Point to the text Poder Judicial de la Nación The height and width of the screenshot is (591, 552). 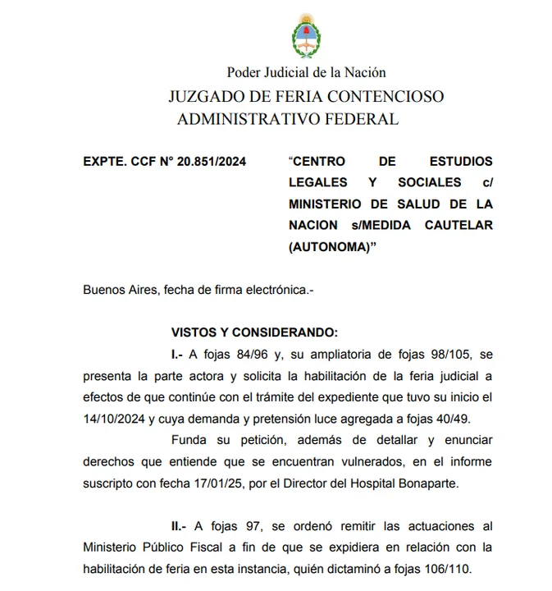(x=306, y=73)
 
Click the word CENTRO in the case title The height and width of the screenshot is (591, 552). (x=319, y=161)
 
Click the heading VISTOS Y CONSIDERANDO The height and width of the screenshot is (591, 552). (x=254, y=332)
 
